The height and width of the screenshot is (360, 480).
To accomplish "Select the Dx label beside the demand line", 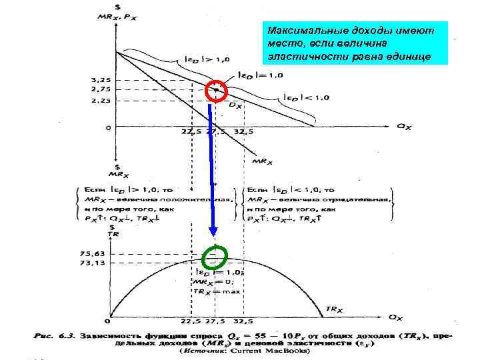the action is click(x=235, y=105).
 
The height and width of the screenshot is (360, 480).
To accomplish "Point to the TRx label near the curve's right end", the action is click(x=335, y=309).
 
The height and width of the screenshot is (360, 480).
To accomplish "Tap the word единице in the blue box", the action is click(x=409, y=56).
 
